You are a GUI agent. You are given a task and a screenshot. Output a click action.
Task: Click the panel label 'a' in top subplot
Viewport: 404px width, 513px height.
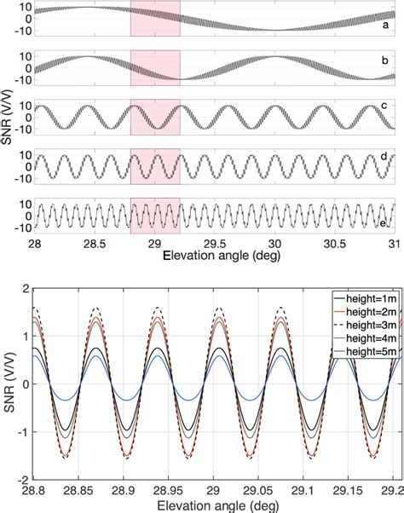pyautogui.click(x=385, y=26)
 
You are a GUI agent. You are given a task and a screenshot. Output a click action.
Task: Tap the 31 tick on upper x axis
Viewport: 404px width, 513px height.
pyautogui.click(x=394, y=243)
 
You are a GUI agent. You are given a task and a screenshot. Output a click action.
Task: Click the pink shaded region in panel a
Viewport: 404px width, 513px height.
pyautogui.click(x=155, y=19)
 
